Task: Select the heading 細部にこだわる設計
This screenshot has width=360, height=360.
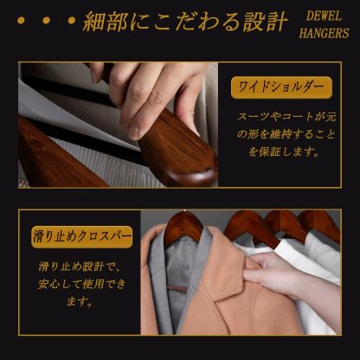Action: [x=181, y=24]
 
